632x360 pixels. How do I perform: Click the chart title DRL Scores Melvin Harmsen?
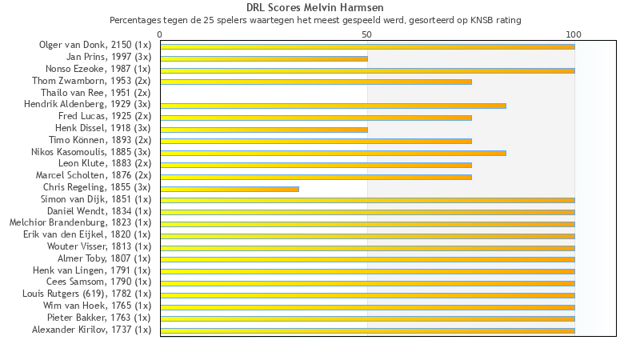315,8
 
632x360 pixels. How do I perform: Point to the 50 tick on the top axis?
367,34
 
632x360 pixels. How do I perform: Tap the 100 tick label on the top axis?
574,34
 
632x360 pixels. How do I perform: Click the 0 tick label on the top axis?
160,34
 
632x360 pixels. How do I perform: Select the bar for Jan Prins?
264,58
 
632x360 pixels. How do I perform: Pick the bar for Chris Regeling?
230,189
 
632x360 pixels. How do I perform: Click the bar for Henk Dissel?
264,130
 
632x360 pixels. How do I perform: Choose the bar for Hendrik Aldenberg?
333,106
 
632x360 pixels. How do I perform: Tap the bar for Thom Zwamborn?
316,82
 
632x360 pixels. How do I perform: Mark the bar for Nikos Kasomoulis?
333,153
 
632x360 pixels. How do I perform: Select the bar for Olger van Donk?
367,46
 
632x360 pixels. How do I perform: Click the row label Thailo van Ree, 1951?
95,93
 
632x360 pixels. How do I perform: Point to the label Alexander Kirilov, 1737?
91,330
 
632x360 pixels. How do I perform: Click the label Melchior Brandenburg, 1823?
80,222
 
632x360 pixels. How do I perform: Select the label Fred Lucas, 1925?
104,117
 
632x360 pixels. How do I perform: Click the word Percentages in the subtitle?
134,20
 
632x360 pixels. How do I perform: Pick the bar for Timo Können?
316,141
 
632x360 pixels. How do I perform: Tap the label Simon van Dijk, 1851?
96,199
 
